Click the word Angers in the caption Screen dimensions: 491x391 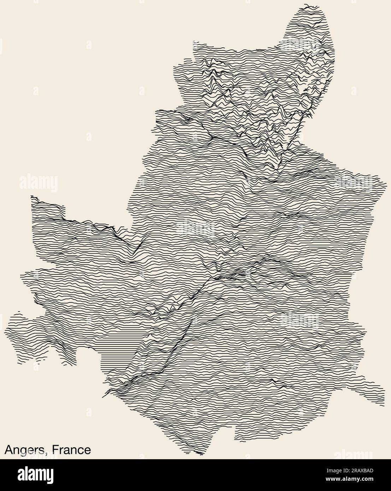click(24, 450)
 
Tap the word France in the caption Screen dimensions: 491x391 click(71, 450)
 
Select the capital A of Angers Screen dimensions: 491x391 click(8, 450)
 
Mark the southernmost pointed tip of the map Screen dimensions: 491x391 click(201, 454)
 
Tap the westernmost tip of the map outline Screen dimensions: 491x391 click(5, 331)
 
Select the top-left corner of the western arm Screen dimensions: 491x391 click(32, 196)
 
